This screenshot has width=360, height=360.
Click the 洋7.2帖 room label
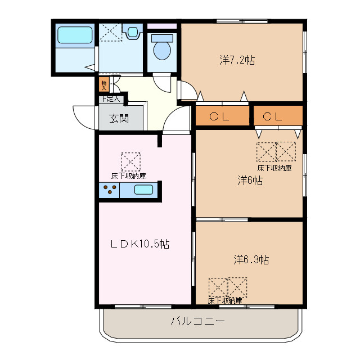(237, 60)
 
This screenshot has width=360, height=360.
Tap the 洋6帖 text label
(250, 181)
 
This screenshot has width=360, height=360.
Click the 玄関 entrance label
(119, 119)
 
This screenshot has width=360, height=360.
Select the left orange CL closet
(222, 116)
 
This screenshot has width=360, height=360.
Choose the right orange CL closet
(278, 116)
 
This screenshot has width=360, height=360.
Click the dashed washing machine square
(110, 32)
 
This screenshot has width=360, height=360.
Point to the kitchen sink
(143, 190)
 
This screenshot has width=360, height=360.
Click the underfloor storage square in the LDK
(130, 161)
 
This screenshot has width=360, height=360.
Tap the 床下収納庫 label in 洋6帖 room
(274, 168)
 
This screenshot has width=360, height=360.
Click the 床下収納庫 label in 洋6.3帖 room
(225, 301)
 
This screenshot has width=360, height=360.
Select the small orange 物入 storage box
(103, 85)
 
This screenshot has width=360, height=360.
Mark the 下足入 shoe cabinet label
(111, 100)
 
